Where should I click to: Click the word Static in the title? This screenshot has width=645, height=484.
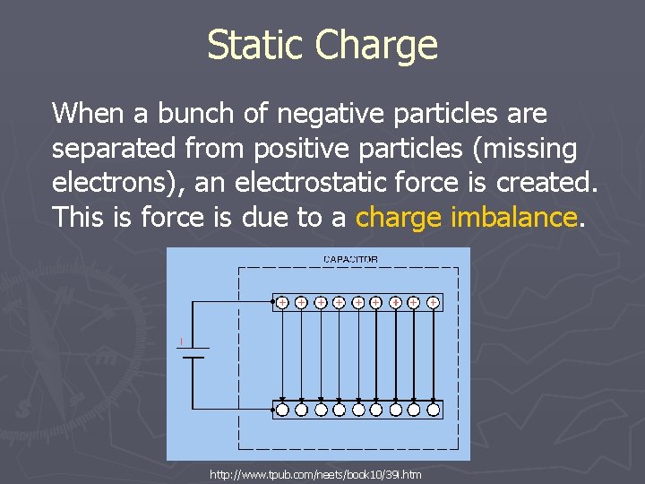(x=259, y=46)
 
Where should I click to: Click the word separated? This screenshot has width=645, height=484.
(x=108, y=148)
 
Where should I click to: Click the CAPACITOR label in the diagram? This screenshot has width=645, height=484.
(x=350, y=259)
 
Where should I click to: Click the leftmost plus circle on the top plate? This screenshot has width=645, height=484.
(x=281, y=303)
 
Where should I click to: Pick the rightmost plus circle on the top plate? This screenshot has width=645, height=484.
(x=433, y=303)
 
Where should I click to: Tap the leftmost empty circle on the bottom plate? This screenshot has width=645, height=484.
(x=281, y=410)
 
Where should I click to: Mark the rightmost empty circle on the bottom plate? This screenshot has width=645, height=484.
(x=433, y=410)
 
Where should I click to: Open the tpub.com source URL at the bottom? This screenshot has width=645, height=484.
(x=315, y=473)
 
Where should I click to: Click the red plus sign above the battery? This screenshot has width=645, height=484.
(x=181, y=340)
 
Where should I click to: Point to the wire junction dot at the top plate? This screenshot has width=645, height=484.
(x=272, y=303)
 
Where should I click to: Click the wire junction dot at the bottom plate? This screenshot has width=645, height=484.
(x=272, y=410)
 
